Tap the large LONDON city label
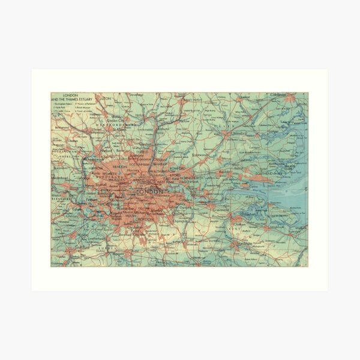pyautogui.click(x=150, y=191)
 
